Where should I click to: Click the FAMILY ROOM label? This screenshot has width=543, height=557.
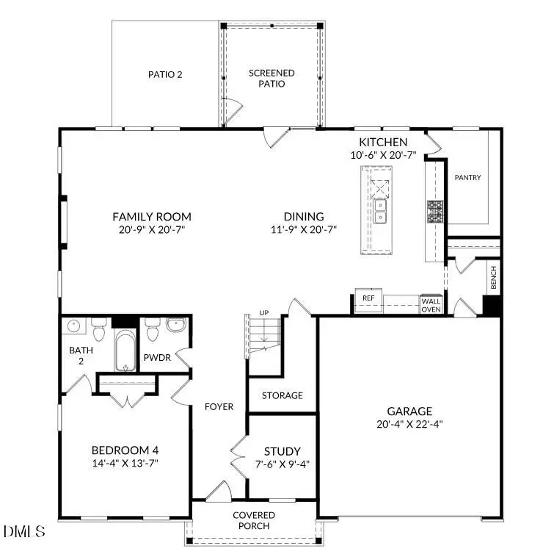[151, 216]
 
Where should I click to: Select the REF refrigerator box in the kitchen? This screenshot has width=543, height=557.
[368, 298]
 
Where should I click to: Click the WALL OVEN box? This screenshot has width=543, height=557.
[430, 304]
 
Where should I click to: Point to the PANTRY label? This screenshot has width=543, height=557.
[467, 177]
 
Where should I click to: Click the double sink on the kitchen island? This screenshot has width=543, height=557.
[380, 216]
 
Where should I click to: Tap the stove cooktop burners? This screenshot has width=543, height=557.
[436, 212]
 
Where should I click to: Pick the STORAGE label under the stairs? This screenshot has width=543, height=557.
[283, 395]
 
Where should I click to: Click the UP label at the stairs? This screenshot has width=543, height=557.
[264, 314]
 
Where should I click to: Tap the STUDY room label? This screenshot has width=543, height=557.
[283, 451]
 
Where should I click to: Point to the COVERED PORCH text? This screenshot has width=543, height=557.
[255, 520]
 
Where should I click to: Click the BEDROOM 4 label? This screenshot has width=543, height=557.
[125, 450]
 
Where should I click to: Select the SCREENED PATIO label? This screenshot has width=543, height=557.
[271, 78]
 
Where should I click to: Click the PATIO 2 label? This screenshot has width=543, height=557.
[165, 74]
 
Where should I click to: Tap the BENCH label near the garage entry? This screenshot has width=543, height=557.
[493, 278]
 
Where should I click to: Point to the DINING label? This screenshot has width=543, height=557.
[304, 216]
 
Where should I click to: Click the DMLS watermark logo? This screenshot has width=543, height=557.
[23, 531]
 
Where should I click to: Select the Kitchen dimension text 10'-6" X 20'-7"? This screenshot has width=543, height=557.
[382, 155]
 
